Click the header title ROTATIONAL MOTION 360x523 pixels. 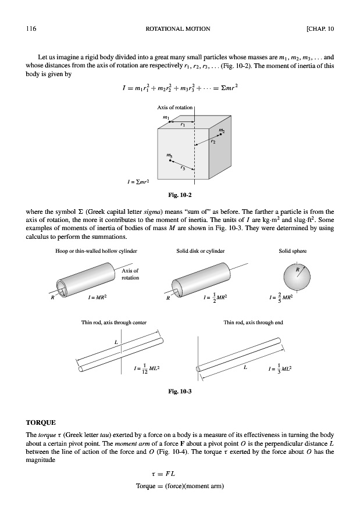pos(180,28)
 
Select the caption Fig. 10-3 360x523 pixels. pos(179,391)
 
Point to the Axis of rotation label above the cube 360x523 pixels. pos(176,108)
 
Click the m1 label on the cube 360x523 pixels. pos(166,118)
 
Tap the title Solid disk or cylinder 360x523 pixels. pos(200,251)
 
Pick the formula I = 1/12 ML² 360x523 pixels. pos(146,368)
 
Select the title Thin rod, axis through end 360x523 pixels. pos(254,322)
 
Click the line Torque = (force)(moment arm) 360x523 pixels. pos(180,486)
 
